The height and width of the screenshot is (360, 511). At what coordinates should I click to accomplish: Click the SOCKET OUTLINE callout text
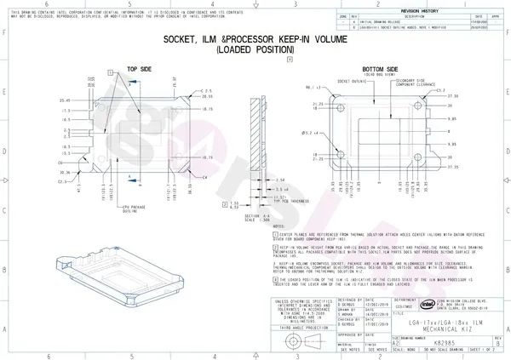[346, 83]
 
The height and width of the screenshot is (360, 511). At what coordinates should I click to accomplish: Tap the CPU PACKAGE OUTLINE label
[110, 209]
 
